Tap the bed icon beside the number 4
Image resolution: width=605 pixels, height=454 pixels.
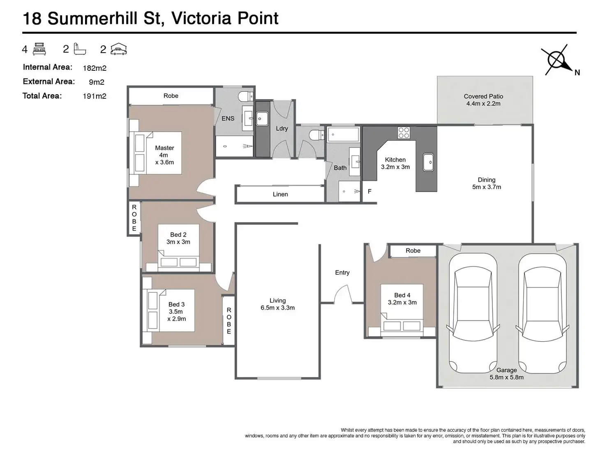click(39, 49)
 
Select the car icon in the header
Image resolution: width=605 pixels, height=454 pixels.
click(118, 49)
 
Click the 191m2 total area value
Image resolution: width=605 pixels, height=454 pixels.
click(95, 96)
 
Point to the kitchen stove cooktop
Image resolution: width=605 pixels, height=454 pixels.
click(404, 132)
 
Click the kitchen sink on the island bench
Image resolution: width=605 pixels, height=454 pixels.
click(428, 162)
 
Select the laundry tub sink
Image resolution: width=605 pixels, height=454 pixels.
click(262, 119)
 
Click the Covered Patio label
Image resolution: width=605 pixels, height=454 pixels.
click(483, 97)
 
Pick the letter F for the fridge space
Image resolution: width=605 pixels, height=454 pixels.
click(369, 191)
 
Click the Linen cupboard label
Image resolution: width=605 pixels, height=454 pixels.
click(280, 195)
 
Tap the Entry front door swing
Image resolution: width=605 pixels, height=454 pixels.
click(343, 294)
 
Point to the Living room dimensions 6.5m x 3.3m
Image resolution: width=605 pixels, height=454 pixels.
click(277, 308)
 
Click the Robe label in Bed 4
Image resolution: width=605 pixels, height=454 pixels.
click(413, 250)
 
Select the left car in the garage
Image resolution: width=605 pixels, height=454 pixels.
click(473, 313)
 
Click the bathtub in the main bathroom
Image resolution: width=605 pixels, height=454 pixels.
click(344, 134)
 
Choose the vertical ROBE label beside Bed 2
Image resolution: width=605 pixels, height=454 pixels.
click(134, 218)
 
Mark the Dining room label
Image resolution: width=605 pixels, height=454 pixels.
click(487, 180)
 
